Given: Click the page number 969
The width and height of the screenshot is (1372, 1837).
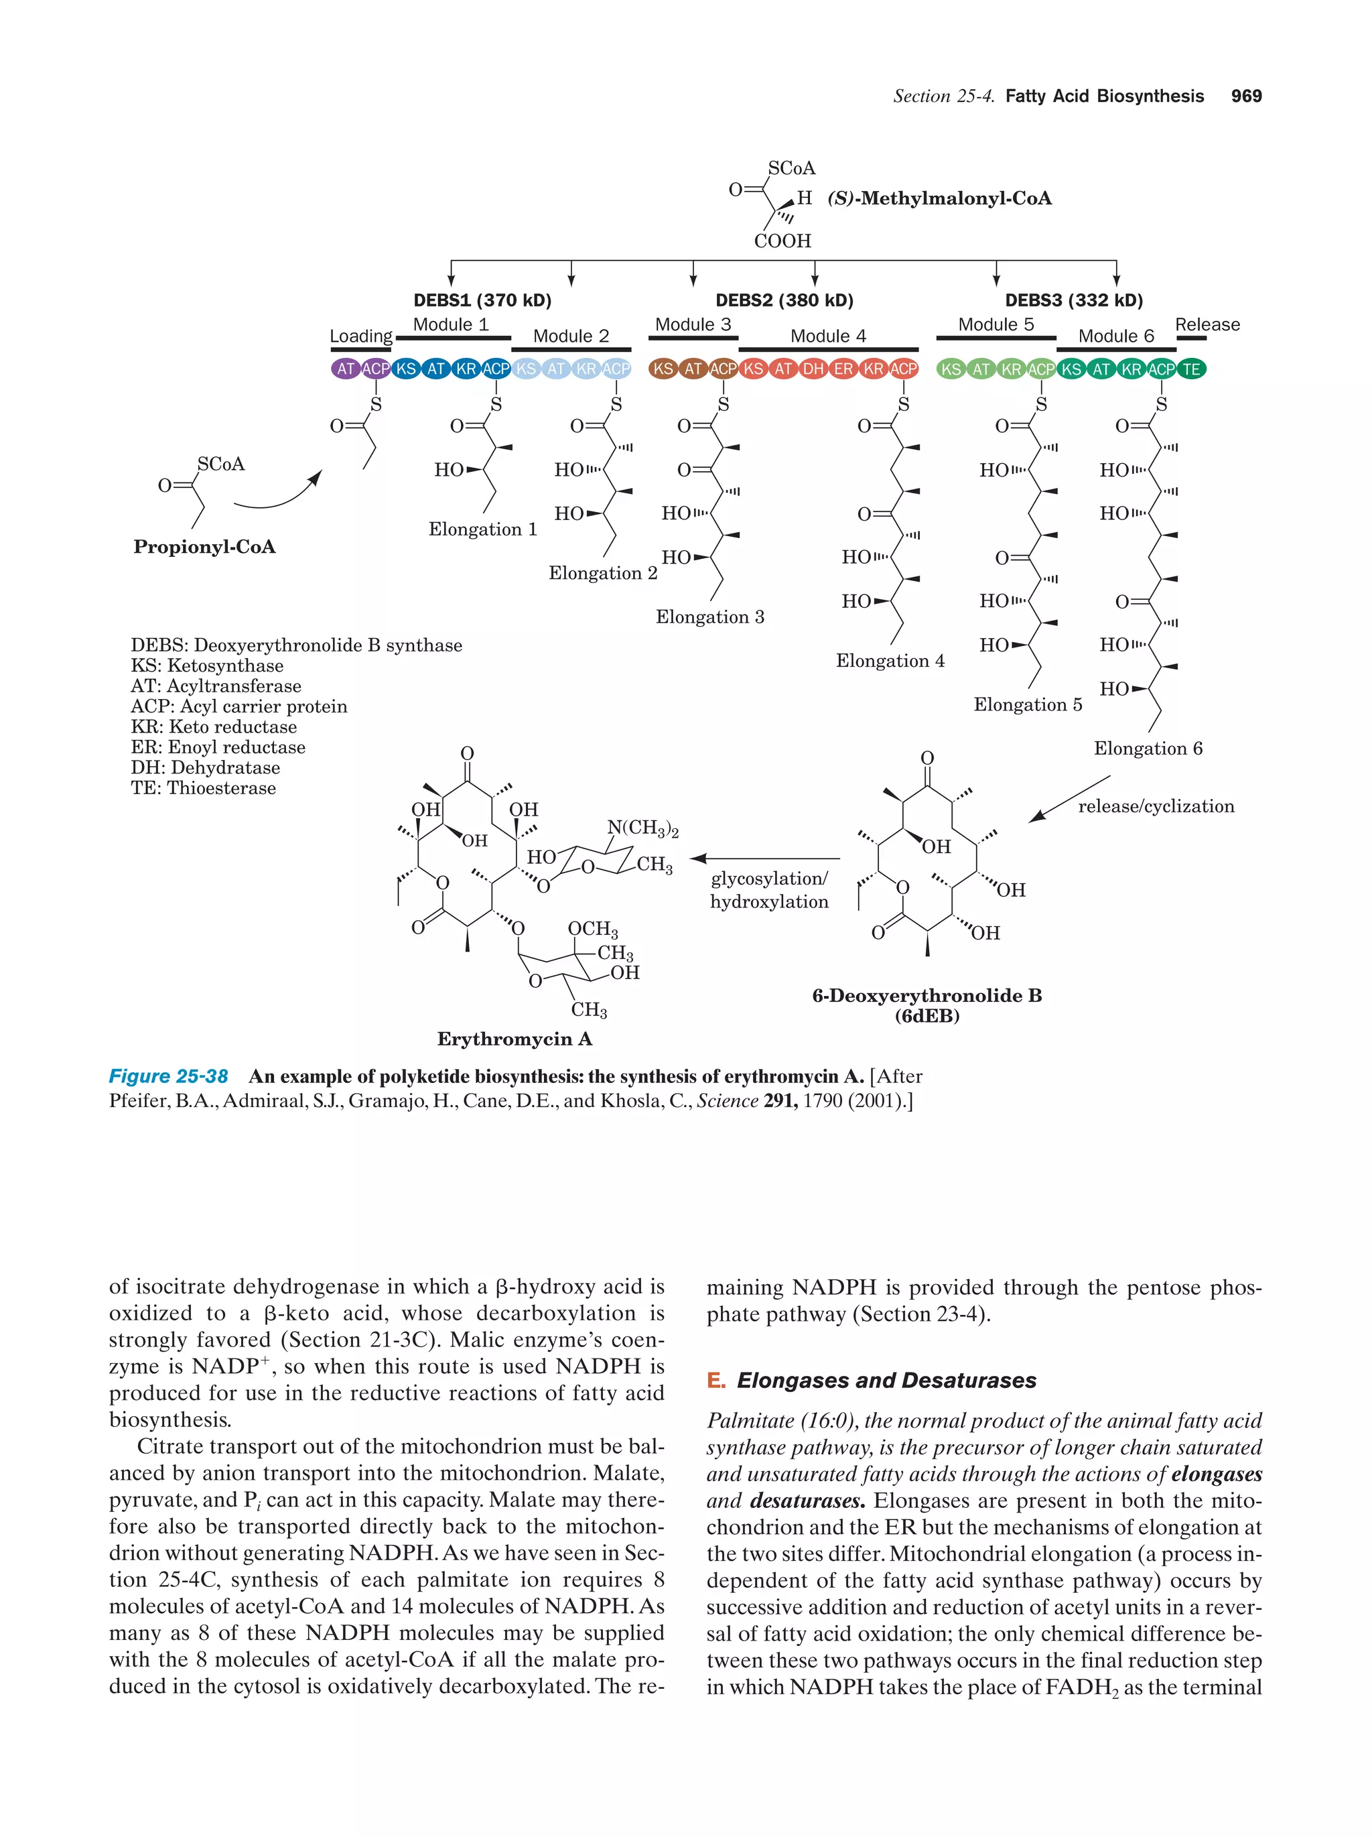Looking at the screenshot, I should [x=1246, y=97].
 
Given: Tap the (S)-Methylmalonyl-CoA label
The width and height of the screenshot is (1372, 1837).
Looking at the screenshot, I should [x=939, y=198].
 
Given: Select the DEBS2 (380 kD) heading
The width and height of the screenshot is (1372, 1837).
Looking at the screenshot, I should [x=784, y=301].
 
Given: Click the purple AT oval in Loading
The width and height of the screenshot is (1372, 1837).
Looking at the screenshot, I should [x=345, y=369].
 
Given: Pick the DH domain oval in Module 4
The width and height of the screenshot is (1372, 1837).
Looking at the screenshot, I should [x=813, y=369].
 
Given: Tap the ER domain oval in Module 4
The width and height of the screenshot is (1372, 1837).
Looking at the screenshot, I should [x=843, y=369].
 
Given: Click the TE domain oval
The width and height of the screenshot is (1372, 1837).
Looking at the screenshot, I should [x=1191, y=369].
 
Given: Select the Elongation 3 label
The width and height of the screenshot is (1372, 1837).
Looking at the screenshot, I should [x=709, y=617].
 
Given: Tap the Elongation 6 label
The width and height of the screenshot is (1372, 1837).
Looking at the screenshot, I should [x=1147, y=749].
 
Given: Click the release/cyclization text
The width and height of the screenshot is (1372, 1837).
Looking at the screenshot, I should [x=1156, y=806].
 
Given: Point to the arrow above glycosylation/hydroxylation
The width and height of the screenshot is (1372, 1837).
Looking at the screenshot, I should [x=764, y=859].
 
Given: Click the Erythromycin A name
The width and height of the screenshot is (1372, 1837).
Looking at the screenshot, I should [x=514, y=1039].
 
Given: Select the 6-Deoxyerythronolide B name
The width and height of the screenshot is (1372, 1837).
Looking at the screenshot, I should [x=927, y=996].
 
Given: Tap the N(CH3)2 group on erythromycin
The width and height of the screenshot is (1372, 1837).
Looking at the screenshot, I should [x=642, y=828].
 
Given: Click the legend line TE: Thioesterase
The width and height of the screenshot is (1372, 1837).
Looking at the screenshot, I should [x=204, y=788].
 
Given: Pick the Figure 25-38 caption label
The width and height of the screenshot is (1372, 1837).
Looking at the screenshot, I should [x=169, y=1077].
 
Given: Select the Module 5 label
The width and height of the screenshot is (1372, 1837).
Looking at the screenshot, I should [x=996, y=325].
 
